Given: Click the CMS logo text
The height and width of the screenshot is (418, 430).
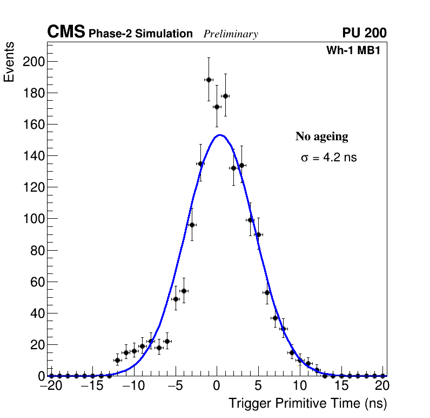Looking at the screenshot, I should tap(66, 32).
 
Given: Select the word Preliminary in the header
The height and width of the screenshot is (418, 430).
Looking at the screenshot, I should tap(231, 34).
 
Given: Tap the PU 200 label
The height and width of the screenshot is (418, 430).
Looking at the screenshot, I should tap(364, 33).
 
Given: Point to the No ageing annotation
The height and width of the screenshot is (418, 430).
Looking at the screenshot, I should tap(321, 136).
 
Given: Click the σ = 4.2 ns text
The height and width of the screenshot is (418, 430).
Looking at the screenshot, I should tap(328, 158).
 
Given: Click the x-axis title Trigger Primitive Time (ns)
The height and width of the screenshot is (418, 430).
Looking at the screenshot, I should tap(307, 403).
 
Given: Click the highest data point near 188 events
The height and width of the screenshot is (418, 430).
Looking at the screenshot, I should tap(209, 80).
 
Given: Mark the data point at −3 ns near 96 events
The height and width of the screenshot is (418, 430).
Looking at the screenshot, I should tap(192, 225).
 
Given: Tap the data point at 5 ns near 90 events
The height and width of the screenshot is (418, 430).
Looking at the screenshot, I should tap(258, 234).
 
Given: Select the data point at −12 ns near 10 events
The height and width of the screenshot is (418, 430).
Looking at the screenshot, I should tap(117, 360).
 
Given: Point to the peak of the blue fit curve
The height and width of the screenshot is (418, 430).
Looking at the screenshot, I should tap(219, 135).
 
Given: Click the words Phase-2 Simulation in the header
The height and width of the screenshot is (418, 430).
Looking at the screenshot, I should tap(140, 34).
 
